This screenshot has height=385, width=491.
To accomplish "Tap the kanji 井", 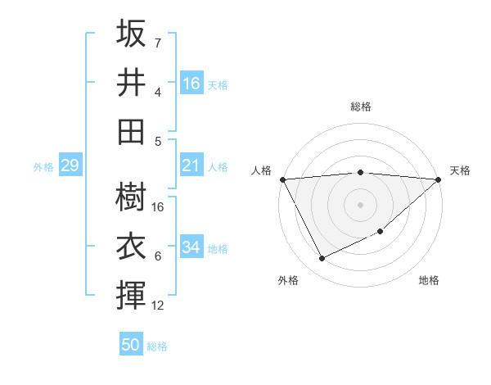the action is coord(132,82).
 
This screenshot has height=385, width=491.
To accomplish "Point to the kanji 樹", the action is coord(132,197).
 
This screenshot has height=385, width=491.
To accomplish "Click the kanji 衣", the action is coord(132,246).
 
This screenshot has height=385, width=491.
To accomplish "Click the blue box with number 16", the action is coord(191,83).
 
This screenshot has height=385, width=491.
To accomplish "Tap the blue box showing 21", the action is coord(191,165).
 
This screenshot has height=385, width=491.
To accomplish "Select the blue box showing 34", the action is coord(191,247).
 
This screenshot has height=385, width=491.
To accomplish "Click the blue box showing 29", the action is coord(70,165).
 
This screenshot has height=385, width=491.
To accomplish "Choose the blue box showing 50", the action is coord(131,345).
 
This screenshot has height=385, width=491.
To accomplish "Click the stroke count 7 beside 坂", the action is coord(158,43).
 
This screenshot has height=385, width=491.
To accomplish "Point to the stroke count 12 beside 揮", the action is coord(159,306).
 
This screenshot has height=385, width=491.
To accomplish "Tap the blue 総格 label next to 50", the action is coord(157,346).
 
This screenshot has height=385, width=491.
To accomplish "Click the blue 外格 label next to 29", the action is coord(43,167).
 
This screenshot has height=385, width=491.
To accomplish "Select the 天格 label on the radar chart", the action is coord(460,170).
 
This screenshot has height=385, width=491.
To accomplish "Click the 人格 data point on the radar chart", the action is coord(282,179).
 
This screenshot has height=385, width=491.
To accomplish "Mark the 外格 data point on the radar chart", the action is coord(322,259).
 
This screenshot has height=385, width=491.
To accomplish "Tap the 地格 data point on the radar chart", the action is coord(381,232).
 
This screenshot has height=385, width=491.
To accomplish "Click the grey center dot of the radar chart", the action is coord(360,204).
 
